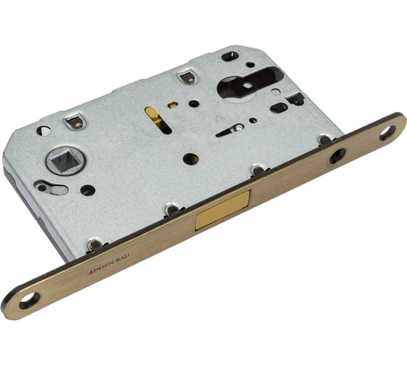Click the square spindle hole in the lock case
coord(61,161)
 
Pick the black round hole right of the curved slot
coord(87,190)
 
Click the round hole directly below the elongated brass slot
coord(190,158)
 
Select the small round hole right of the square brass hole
coord(194,103)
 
